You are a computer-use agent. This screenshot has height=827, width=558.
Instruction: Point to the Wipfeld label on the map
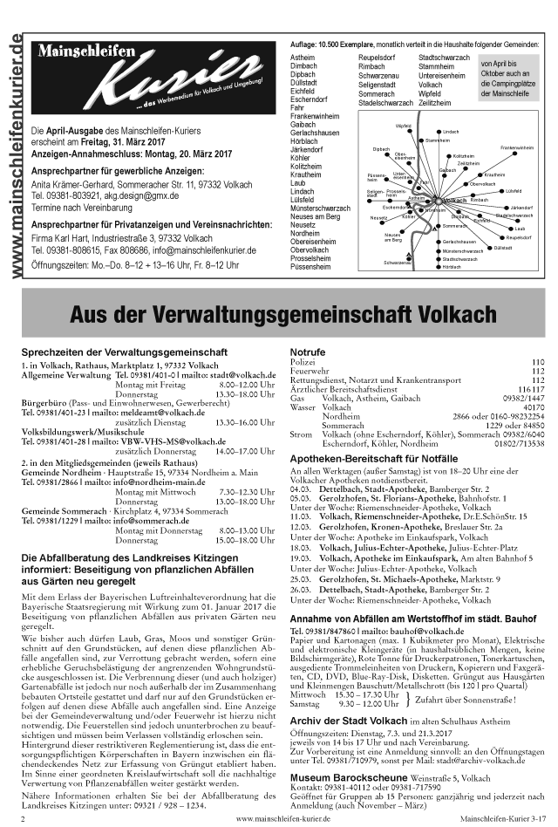[x=403, y=126]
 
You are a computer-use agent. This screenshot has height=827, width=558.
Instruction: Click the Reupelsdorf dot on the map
[x=502, y=237]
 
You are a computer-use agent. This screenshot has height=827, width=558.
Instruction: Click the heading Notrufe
[x=307, y=351]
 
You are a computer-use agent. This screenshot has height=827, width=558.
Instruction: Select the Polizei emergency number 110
[x=537, y=361]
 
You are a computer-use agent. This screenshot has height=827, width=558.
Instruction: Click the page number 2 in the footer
[x=24, y=819]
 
